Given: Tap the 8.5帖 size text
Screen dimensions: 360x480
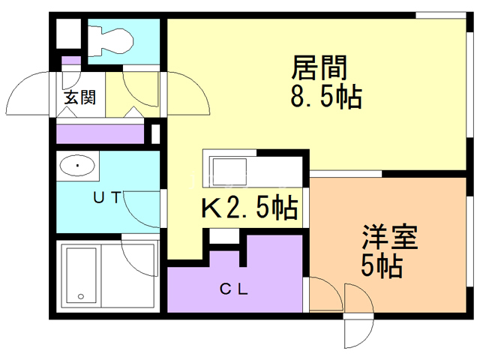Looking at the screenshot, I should point(325,97).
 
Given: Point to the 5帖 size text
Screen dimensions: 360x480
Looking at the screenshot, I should point(381,266).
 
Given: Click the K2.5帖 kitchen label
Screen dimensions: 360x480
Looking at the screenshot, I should point(247,207).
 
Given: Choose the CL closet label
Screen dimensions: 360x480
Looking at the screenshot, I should point(233,287).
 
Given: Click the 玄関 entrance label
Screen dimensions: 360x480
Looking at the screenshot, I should point(78,97).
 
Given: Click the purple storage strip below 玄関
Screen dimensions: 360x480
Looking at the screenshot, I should point(100,134).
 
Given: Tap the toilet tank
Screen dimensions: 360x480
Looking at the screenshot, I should point(95,39).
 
